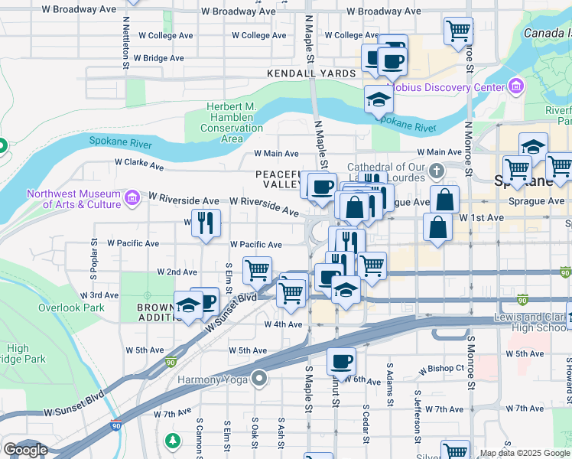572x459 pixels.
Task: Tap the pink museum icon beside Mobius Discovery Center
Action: tap(515, 86)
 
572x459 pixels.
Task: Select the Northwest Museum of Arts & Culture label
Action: tap(73, 199)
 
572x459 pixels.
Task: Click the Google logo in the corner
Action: tap(25, 450)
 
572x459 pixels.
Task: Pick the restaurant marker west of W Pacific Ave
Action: tap(205, 223)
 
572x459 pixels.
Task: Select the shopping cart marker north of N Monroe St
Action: tap(458, 31)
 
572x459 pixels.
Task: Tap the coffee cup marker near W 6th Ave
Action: tap(340, 360)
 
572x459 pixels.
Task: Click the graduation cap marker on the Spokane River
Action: tap(378, 99)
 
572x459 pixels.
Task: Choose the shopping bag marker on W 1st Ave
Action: tap(436, 227)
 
